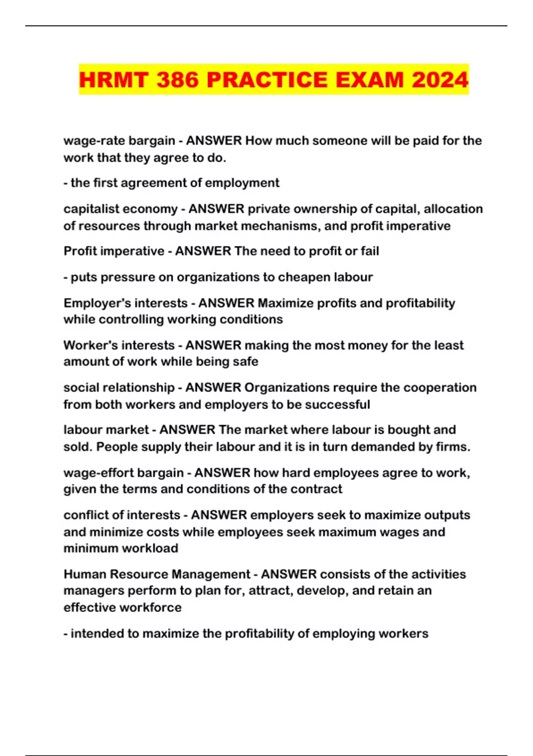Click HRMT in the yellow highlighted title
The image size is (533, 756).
coord(113,80)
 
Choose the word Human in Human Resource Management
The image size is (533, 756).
coord(85,574)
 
